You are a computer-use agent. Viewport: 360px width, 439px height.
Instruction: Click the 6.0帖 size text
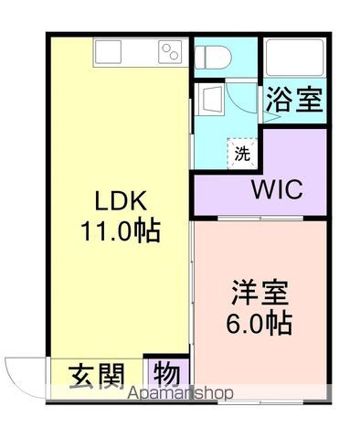click(260, 323)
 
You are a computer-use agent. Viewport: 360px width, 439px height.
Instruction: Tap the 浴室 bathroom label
click(295, 100)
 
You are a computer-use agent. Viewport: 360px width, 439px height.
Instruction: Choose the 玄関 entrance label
click(94, 377)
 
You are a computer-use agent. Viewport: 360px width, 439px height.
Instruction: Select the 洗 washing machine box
click(242, 153)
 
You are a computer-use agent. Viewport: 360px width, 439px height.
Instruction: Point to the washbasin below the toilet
click(209, 98)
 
